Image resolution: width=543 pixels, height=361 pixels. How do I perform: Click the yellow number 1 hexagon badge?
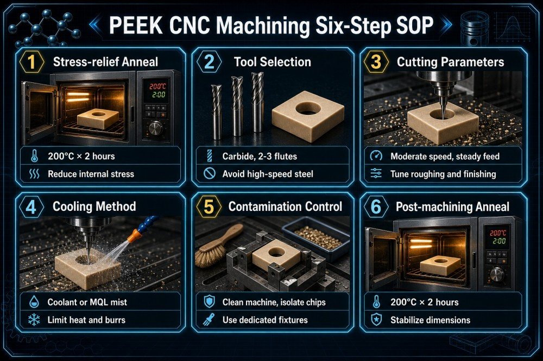(31, 62)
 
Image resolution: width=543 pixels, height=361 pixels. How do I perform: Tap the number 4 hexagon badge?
(31, 207)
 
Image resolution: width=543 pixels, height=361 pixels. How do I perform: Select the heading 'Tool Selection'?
(272, 62)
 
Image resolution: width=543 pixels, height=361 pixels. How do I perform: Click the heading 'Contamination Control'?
(285, 207)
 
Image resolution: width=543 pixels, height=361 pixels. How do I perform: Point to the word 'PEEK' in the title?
(136, 25)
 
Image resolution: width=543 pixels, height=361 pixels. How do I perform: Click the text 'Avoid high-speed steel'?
(268, 173)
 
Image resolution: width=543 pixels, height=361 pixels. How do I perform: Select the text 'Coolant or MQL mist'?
(87, 302)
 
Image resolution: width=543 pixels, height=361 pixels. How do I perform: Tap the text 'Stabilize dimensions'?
(431, 320)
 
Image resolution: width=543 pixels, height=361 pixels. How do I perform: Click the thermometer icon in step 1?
(34, 156)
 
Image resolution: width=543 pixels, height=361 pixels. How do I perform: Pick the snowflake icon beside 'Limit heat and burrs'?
(34, 320)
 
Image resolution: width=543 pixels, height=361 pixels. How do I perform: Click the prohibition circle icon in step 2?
(210, 173)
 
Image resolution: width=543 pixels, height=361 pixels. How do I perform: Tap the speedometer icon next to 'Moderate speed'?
(376, 156)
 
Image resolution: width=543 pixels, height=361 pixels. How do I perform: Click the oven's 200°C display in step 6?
(497, 233)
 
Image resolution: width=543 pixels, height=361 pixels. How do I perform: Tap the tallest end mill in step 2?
(257, 102)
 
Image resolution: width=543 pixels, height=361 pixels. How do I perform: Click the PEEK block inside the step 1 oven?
(98, 118)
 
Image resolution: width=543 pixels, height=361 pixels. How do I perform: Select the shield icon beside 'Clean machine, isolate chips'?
(210, 302)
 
